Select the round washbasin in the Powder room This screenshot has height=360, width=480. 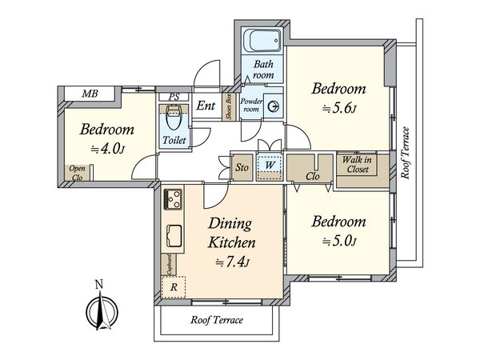pyautogui.click(x=273, y=106)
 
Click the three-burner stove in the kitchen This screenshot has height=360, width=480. pyautogui.click(x=173, y=199)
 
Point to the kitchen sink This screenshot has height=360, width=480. pyautogui.click(x=174, y=235)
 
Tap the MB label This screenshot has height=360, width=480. pyautogui.click(x=90, y=94)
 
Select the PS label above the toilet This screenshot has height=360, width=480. pyautogui.click(x=174, y=97)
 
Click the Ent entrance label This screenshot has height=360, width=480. pyautogui.click(x=206, y=106)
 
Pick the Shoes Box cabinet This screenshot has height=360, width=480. pyautogui.click(x=229, y=106)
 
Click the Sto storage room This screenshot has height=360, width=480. pyautogui.click(x=242, y=167)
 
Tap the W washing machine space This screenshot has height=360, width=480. pyautogui.click(x=269, y=166)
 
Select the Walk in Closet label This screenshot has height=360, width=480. pyautogui.click(x=357, y=164)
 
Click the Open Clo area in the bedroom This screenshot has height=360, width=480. pyautogui.click(x=77, y=173)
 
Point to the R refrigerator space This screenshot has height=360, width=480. pyautogui.click(x=174, y=287)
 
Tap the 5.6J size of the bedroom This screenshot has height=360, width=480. pyautogui.click(x=339, y=108)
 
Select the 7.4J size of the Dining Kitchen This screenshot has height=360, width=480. pyautogui.click(x=232, y=262)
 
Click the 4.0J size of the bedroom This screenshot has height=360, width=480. pyautogui.click(x=107, y=149)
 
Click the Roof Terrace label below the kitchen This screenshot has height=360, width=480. pyautogui.click(x=217, y=320)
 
